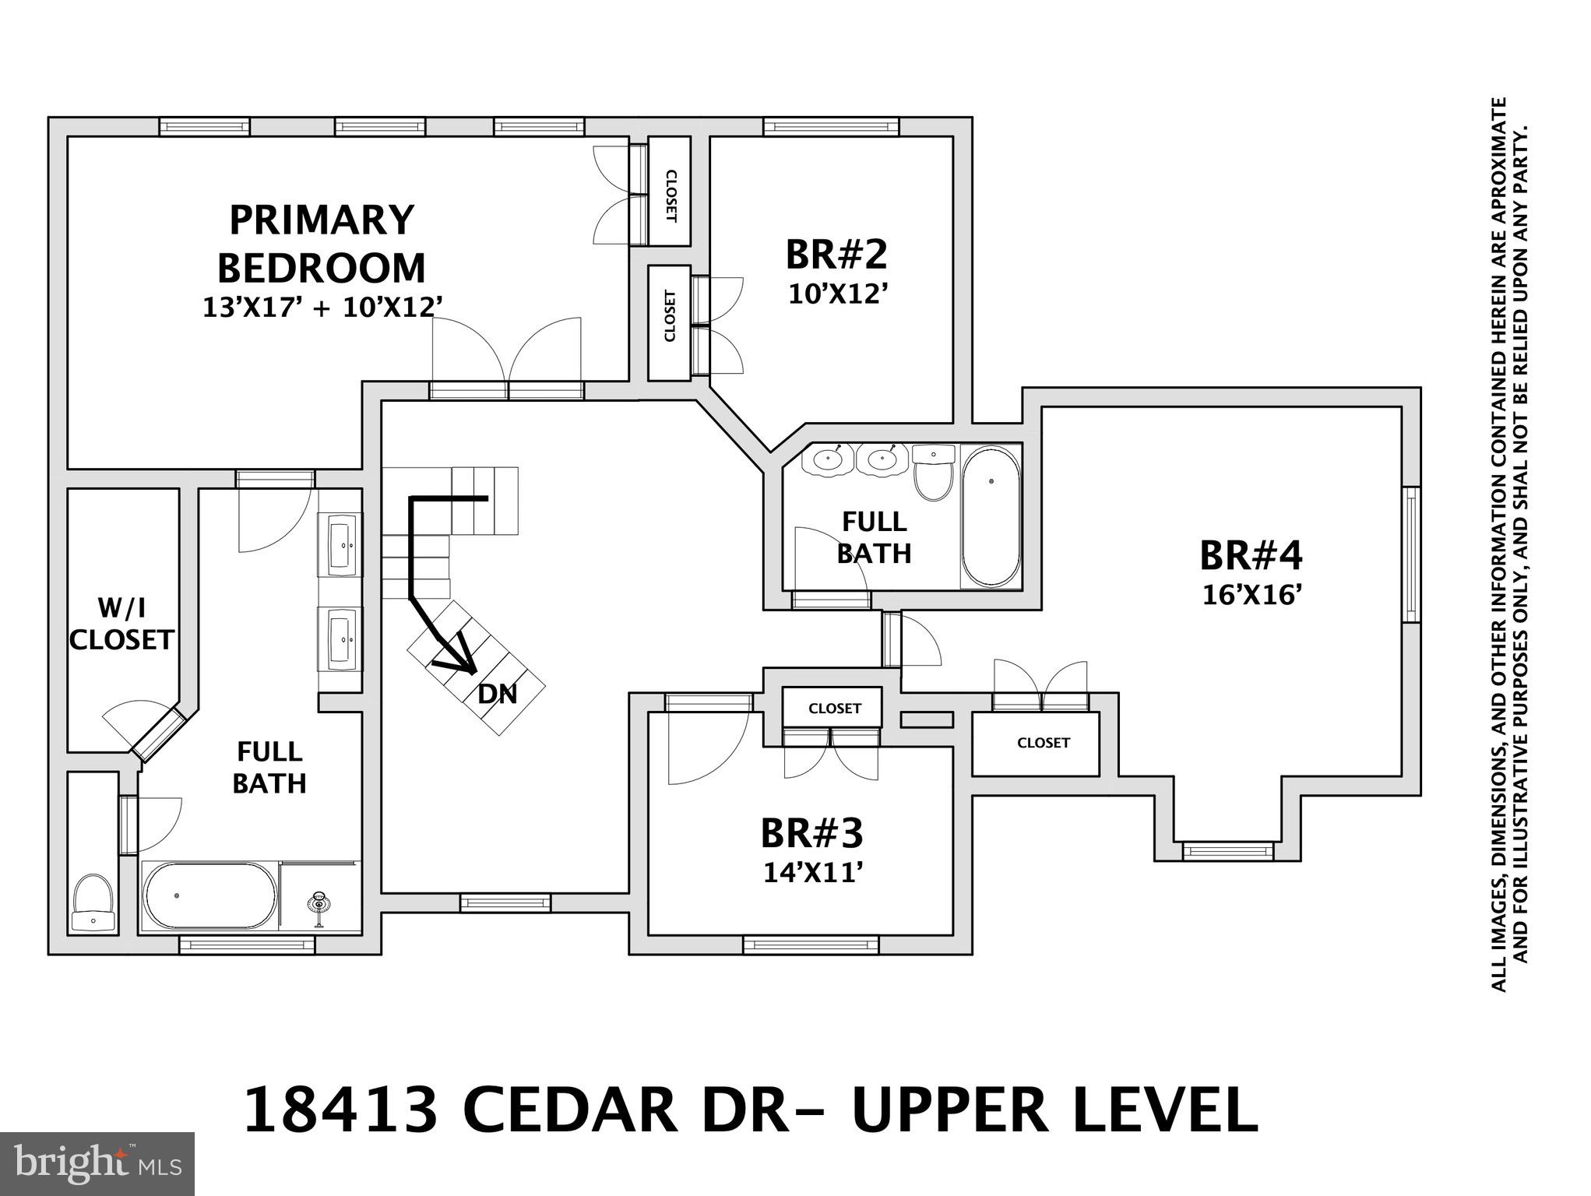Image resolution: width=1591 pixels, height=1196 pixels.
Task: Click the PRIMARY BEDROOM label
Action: [x=321, y=244]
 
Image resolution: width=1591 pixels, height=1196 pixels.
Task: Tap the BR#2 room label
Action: [x=836, y=255]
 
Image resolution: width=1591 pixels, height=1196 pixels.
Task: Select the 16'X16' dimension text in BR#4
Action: [x=1252, y=596]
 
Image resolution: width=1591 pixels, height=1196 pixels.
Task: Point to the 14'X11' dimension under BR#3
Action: [x=812, y=873]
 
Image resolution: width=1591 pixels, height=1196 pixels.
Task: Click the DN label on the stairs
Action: [x=498, y=694]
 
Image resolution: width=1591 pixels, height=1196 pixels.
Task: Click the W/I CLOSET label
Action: [x=121, y=624]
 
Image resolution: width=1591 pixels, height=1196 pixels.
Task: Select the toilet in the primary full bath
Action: [x=93, y=902]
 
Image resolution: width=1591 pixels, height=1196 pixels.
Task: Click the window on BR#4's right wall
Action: [x=1411, y=554]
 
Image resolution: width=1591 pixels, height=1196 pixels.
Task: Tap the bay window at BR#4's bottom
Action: [x=1228, y=851]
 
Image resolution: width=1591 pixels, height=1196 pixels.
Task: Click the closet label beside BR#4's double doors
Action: [x=1043, y=743]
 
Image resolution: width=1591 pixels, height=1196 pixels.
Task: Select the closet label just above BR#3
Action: [x=834, y=709]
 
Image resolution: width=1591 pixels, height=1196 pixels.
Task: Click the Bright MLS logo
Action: [x=97, y=1163]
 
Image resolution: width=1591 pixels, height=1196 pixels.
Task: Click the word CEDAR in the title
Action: [x=570, y=1112]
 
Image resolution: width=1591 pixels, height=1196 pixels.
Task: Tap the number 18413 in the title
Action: [x=341, y=1112]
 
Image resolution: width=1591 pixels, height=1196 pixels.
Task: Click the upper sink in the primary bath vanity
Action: [x=340, y=545]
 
